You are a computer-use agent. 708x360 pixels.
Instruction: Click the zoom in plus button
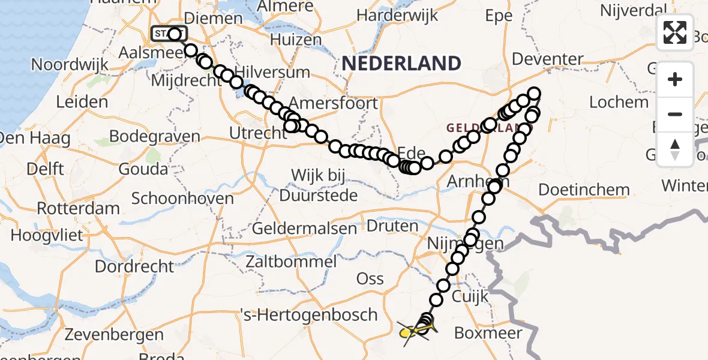tap(675, 79)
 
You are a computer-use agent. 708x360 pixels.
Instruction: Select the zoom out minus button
tap(675, 114)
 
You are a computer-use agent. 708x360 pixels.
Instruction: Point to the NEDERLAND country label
tap(403, 63)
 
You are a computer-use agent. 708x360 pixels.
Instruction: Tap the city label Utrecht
tap(259, 133)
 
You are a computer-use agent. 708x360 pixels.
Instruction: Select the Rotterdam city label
tap(79, 209)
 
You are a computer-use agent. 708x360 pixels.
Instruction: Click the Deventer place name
tap(548, 59)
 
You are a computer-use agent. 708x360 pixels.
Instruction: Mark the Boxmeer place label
tap(488, 332)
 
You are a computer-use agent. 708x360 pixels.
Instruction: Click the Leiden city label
tap(82, 102)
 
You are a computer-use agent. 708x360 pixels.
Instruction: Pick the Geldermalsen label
tap(304, 229)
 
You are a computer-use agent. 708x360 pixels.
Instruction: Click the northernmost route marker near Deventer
tap(533, 94)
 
